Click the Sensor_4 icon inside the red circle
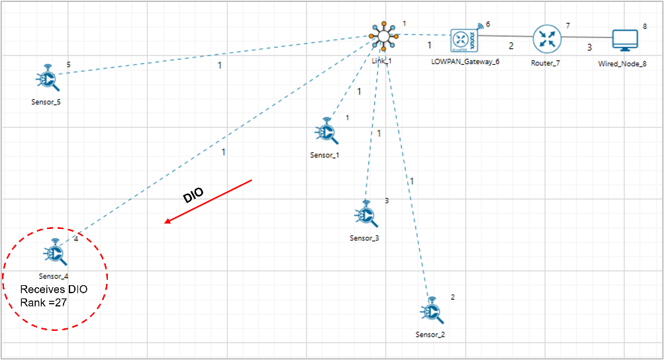[56, 252]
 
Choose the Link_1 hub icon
[383, 38]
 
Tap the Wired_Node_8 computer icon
[623, 40]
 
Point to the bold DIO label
[193, 193]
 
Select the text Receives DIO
[54, 289]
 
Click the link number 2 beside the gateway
[510, 46]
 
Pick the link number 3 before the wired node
[589, 48]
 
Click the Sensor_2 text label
[430, 334]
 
